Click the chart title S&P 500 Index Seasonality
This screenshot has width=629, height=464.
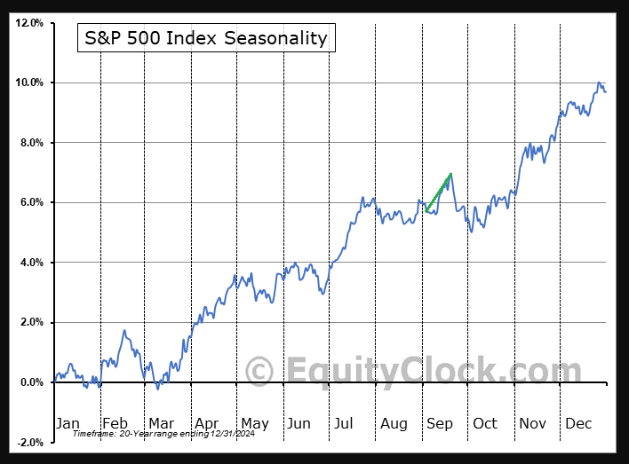[205, 38]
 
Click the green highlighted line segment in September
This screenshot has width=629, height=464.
[439, 193]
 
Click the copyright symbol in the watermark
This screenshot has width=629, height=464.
[259, 370]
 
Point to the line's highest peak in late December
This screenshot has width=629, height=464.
[600, 83]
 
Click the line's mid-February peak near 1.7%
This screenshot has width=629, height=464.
[125, 331]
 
